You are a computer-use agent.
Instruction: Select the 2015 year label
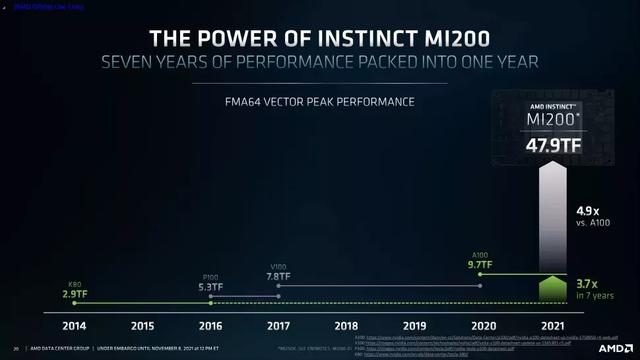pos(143,325)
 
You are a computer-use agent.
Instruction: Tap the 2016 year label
pos(211,325)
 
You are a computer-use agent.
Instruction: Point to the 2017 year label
pos(279,325)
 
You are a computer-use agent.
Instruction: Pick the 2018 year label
pos(347,325)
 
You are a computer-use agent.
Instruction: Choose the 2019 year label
pos(415,325)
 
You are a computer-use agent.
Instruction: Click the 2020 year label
pos(482,325)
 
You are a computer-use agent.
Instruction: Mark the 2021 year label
pos(550,325)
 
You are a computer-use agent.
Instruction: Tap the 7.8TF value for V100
pos(278,276)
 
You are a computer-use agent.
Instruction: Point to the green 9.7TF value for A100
pos(483,265)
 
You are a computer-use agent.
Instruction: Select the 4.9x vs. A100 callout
pos(594,217)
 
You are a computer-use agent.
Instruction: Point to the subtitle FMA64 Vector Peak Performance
pos(320,102)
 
